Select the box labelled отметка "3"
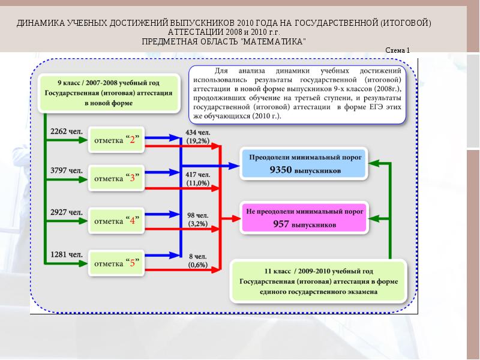(x=117, y=178)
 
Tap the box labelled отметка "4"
(x=117, y=220)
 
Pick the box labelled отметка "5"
(x=117, y=263)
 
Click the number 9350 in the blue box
(x=280, y=170)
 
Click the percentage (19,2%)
(x=197, y=140)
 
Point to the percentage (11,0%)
(x=197, y=182)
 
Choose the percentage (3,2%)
(x=197, y=223)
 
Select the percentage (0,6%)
(x=197, y=265)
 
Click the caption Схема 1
(x=397, y=50)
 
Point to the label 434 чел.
(x=197, y=132)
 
